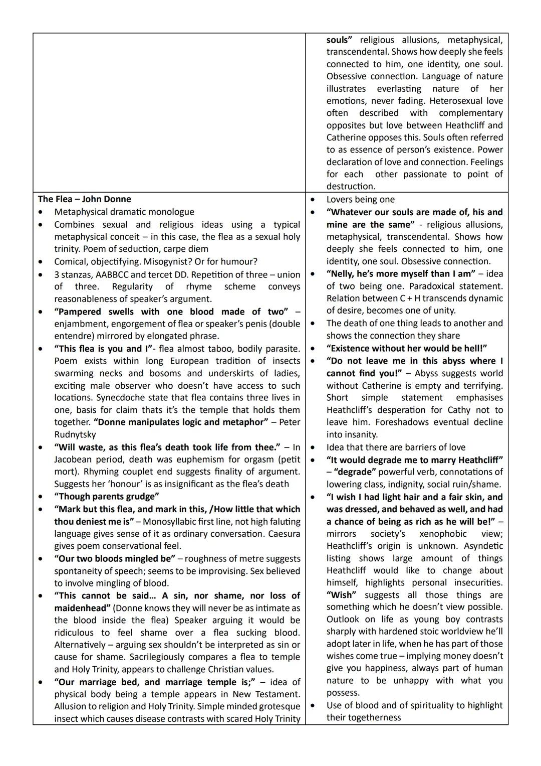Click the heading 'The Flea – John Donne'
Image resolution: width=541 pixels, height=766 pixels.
pyautogui.click(x=84, y=199)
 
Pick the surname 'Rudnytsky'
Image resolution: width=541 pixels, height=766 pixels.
pyautogui.click(x=75, y=434)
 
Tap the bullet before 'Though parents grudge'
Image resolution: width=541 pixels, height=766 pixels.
pyautogui.click(x=41, y=497)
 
